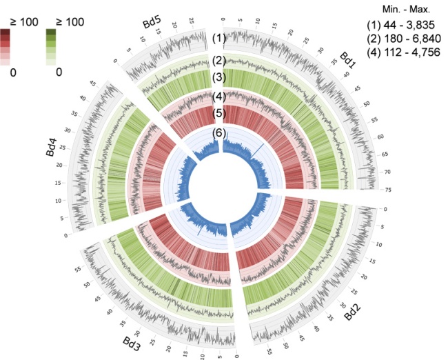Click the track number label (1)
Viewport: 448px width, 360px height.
219,38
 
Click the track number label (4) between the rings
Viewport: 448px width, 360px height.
219,96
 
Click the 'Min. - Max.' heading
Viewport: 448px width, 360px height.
409,9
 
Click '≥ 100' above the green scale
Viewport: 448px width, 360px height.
65,22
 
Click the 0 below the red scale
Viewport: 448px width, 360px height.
14,71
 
